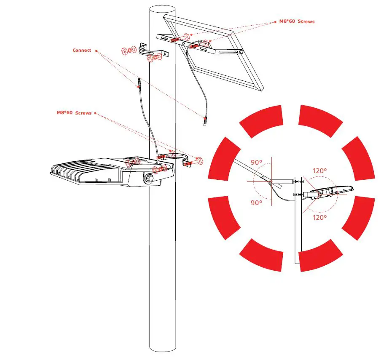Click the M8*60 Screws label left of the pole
(74, 113)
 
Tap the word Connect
(82, 50)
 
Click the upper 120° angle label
(319, 171)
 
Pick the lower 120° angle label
(319, 217)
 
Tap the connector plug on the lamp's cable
(139, 83)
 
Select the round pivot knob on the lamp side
(148, 179)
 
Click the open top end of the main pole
(163, 9)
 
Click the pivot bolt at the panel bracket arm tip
(241, 52)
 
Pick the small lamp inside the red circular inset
(329, 192)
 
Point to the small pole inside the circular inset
(298, 227)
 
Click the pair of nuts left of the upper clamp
(128, 51)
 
